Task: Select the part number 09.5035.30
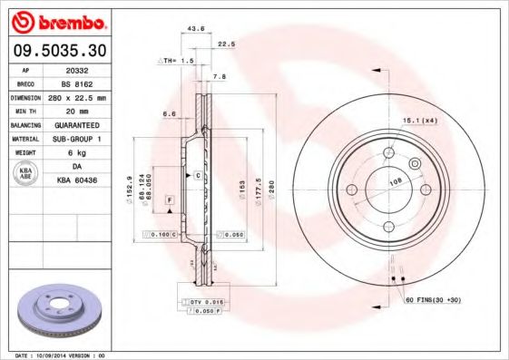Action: click(59, 51)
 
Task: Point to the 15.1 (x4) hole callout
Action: click(419, 120)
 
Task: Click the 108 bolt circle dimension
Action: click(395, 181)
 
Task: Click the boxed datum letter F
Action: click(169, 198)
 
